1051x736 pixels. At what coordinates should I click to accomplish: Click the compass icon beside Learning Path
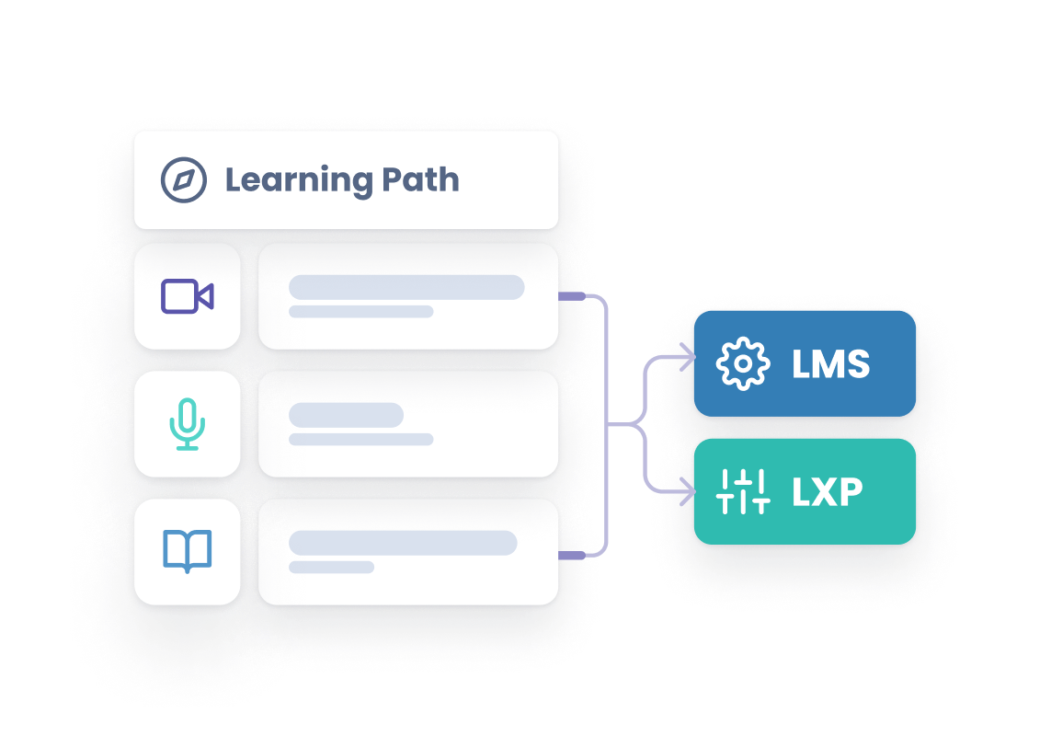(x=183, y=179)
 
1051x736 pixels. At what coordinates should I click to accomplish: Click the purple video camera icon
(x=188, y=296)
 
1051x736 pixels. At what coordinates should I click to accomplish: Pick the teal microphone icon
(x=188, y=424)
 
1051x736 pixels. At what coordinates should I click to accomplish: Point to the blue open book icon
(x=188, y=552)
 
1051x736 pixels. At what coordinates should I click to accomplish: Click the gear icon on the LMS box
(x=742, y=363)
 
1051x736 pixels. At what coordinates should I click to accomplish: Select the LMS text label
(x=830, y=364)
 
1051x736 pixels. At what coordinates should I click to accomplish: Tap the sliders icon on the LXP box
(x=742, y=491)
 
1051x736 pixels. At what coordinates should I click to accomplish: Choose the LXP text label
(x=828, y=492)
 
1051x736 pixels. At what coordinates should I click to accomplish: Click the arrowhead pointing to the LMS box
(x=687, y=358)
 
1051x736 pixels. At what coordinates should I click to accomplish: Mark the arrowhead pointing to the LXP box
(x=687, y=495)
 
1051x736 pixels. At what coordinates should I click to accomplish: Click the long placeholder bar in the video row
(x=406, y=287)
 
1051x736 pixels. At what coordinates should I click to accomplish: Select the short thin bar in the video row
(x=360, y=312)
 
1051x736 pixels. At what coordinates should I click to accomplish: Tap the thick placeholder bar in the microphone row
(x=346, y=415)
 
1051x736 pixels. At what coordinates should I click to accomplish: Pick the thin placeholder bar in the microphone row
(x=360, y=440)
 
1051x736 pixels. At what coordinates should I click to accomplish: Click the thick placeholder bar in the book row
(x=403, y=543)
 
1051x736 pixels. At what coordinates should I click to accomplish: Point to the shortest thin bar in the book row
(x=331, y=567)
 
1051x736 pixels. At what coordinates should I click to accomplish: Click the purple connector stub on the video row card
(x=572, y=296)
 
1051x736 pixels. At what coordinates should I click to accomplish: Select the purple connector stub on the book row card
(x=572, y=555)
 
